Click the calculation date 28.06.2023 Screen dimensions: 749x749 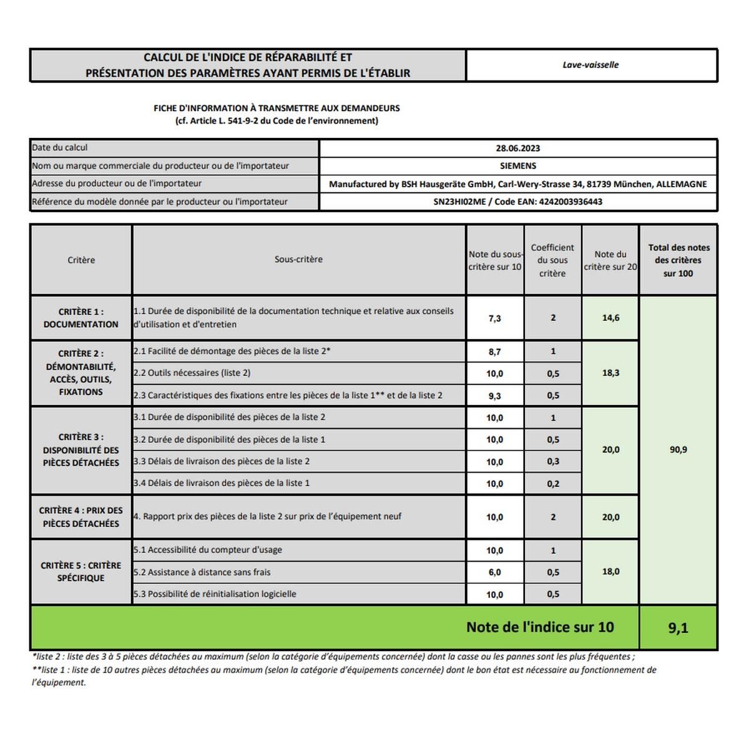[x=517, y=149]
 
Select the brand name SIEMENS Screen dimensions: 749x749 [x=517, y=166]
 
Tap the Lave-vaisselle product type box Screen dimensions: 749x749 [x=590, y=65]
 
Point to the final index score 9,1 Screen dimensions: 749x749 [x=678, y=628]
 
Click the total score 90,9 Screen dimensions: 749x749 [x=678, y=449]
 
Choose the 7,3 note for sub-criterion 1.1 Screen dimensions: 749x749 [x=494, y=318]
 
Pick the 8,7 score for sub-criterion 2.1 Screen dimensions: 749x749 [x=494, y=352]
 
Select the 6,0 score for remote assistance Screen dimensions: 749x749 [x=494, y=572]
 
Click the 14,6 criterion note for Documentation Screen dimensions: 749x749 [x=610, y=318]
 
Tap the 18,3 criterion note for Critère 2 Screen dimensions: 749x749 [x=610, y=373]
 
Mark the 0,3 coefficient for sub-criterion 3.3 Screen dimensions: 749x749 [x=552, y=462]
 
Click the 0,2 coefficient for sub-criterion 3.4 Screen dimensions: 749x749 [x=552, y=484]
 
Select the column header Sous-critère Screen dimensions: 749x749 [x=298, y=260]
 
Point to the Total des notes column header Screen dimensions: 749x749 [x=678, y=260]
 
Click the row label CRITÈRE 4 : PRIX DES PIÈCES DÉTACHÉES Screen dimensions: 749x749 [x=81, y=517]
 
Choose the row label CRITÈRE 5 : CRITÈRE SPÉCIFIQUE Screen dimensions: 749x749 [x=81, y=572]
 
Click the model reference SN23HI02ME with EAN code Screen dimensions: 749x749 [x=517, y=202]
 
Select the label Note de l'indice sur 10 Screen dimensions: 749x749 [x=540, y=627]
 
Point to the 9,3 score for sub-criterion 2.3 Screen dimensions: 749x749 [x=494, y=396]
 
